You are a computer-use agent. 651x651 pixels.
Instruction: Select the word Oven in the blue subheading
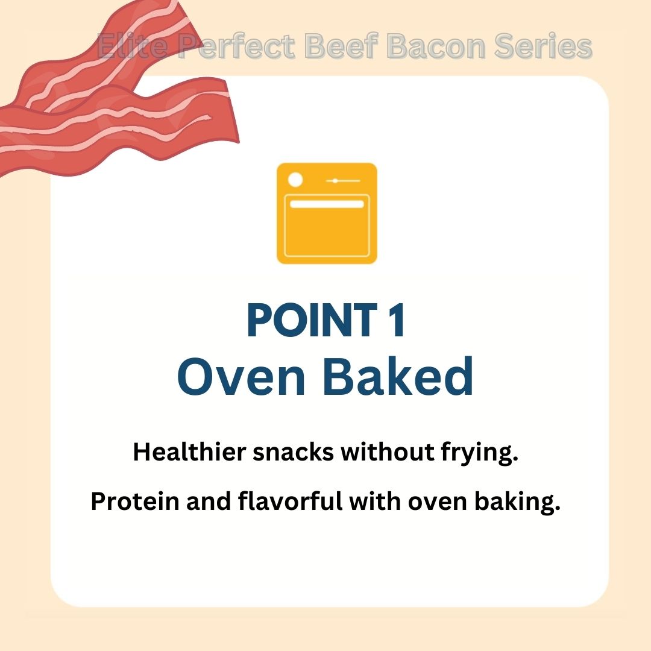242,377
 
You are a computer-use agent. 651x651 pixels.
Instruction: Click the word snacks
294,453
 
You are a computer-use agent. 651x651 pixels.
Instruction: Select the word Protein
135,502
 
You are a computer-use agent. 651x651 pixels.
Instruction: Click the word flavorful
290,501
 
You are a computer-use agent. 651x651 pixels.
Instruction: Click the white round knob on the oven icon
295,180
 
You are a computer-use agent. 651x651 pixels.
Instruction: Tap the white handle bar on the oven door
327,204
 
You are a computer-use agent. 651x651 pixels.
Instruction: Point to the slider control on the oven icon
343,181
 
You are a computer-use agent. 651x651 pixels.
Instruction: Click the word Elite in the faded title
133,46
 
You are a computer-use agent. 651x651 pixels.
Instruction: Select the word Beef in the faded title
342,46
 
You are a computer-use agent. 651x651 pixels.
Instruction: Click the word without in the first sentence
388,451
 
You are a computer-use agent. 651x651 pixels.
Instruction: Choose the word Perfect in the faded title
237,46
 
